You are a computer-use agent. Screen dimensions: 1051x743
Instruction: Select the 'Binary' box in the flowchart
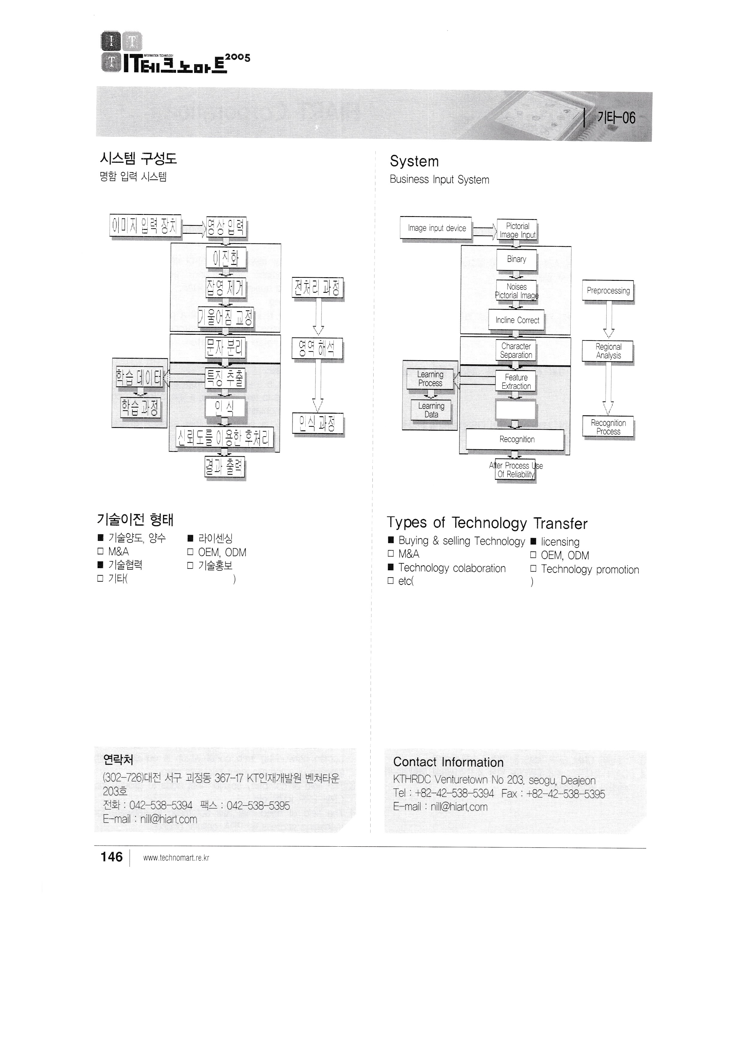516,260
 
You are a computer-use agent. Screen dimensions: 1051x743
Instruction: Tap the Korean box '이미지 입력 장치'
145,226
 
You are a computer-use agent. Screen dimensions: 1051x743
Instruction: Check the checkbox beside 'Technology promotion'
533,569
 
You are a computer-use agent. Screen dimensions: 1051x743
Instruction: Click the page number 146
112,857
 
